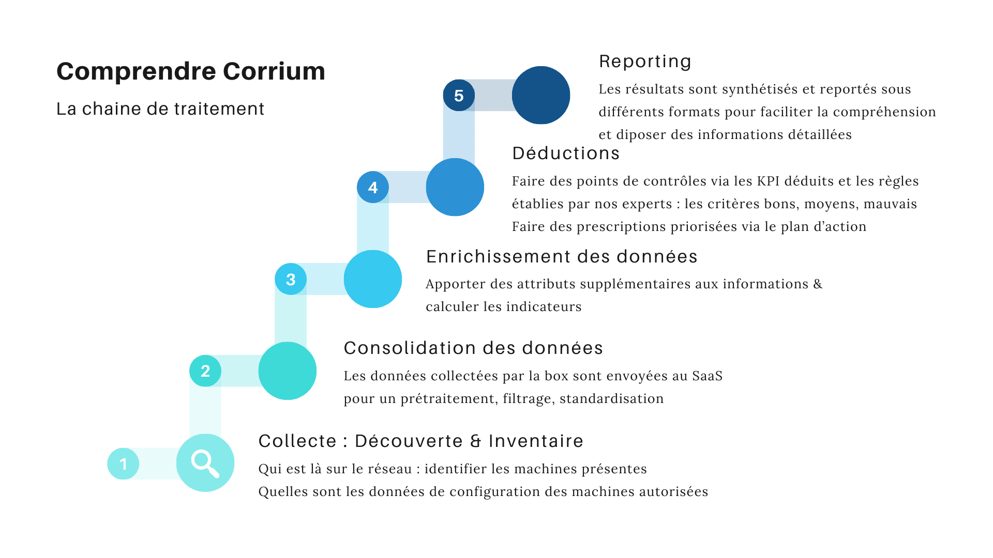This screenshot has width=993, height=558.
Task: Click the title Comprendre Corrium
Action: [191, 71]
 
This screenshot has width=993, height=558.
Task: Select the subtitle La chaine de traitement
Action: [160, 109]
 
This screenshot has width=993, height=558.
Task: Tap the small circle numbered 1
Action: [123, 464]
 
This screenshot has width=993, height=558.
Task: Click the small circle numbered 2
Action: [205, 371]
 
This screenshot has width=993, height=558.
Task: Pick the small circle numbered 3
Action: [291, 280]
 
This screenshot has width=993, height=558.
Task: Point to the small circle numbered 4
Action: [373, 187]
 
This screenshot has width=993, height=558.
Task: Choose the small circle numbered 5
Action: [459, 96]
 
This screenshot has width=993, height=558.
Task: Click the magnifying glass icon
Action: [205, 463]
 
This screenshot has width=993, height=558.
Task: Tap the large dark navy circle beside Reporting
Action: [541, 95]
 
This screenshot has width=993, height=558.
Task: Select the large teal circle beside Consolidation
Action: [288, 371]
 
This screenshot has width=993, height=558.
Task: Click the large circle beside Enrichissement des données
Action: [373, 279]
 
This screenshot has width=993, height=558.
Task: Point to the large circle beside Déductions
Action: [455, 187]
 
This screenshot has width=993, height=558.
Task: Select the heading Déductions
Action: [566, 153]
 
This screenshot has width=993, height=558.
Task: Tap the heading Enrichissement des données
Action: [562, 257]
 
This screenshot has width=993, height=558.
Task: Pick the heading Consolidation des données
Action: [473, 348]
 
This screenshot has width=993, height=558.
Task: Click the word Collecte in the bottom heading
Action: [298, 441]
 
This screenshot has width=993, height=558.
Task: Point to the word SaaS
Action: [708, 376]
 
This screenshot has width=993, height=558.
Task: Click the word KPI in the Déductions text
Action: [768, 181]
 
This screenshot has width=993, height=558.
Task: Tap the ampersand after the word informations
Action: [818, 284]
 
